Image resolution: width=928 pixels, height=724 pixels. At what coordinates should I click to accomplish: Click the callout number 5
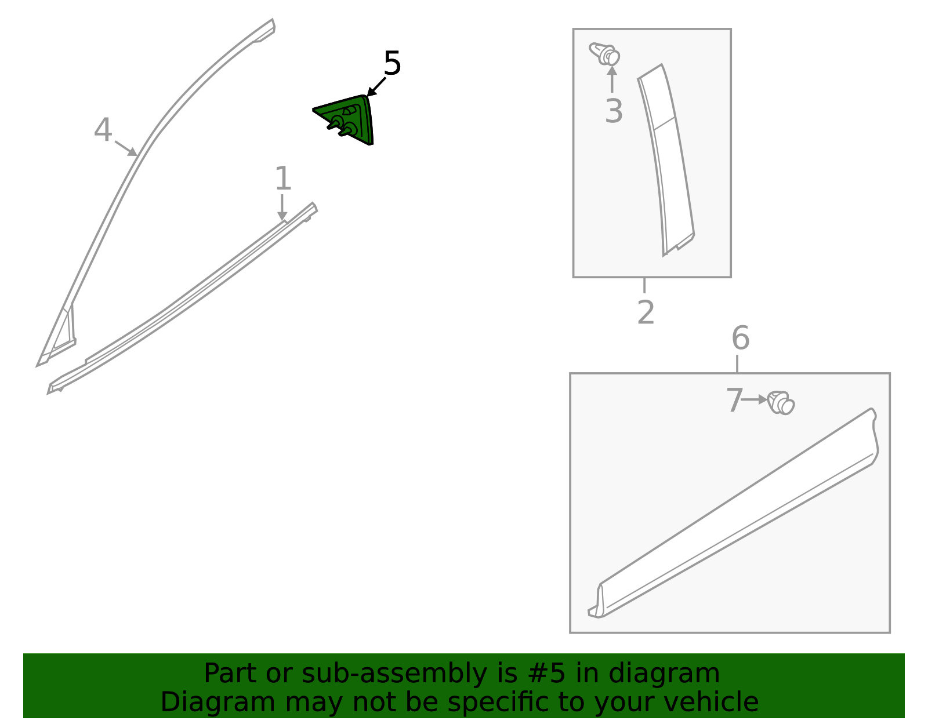pos(392,63)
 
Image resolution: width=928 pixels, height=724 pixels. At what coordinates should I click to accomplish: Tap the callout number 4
pos(103,130)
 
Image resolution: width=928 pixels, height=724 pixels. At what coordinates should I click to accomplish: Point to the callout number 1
pos(282,179)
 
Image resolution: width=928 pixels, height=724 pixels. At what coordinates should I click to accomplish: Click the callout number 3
pos(613,111)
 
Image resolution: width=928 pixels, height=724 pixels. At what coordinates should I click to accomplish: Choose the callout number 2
pos(646,312)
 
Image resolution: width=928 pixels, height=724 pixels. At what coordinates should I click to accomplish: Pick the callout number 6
pos(740,338)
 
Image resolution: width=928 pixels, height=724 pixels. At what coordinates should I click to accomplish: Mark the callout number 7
pos(734,401)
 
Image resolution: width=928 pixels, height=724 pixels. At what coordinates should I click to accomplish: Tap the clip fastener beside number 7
pos(781,403)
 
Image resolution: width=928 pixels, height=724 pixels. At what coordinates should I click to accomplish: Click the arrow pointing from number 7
pos(755,400)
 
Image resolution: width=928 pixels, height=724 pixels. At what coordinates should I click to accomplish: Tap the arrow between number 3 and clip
pos(612,80)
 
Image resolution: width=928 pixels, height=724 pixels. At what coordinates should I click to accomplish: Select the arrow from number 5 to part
pos(376,86)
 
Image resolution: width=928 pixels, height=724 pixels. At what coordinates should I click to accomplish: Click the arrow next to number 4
pos(126,148)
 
